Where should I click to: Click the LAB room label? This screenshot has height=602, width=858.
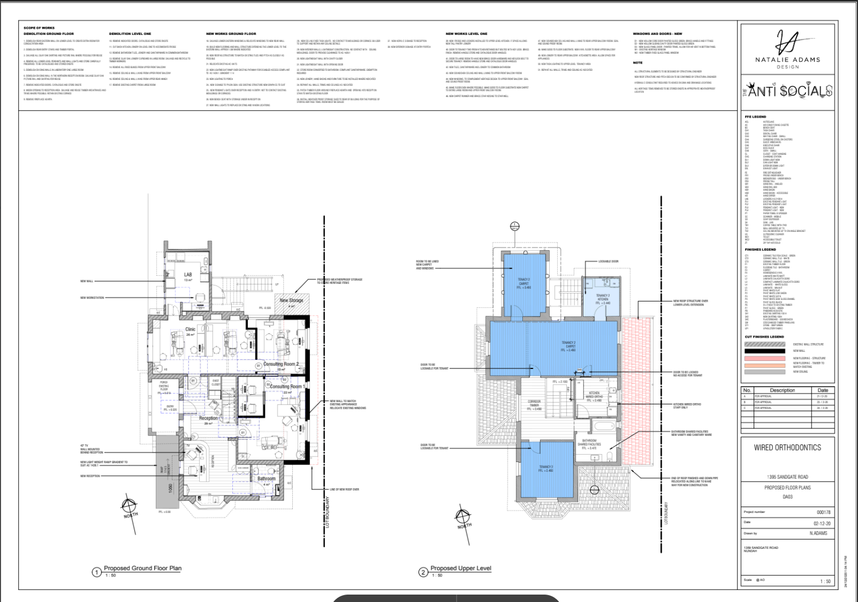pyautogui.click(x=188, y=275)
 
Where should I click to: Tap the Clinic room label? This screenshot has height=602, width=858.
pyautogui.click(x=190, y=330)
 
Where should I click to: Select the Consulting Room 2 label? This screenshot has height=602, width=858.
pyautogui.click(x=281, y=364)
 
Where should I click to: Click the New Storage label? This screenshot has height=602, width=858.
pyautogui.click(x=291, y=300)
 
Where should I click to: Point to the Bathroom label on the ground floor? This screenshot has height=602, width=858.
pyautogui.click(x=266, y=479)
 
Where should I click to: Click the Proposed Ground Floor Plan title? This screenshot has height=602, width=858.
pyautogui.click(x=142, y=568)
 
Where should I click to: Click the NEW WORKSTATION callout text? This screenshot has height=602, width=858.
pyautogui.click(x=92, y=298)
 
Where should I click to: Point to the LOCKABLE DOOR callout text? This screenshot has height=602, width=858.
pyautogui.click(x=608, y=261)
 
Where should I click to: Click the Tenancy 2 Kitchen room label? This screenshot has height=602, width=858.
pyautogui.click(x=603, y=298)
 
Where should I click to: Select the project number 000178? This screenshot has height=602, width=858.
pyautogui.click(x=823, y=512)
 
